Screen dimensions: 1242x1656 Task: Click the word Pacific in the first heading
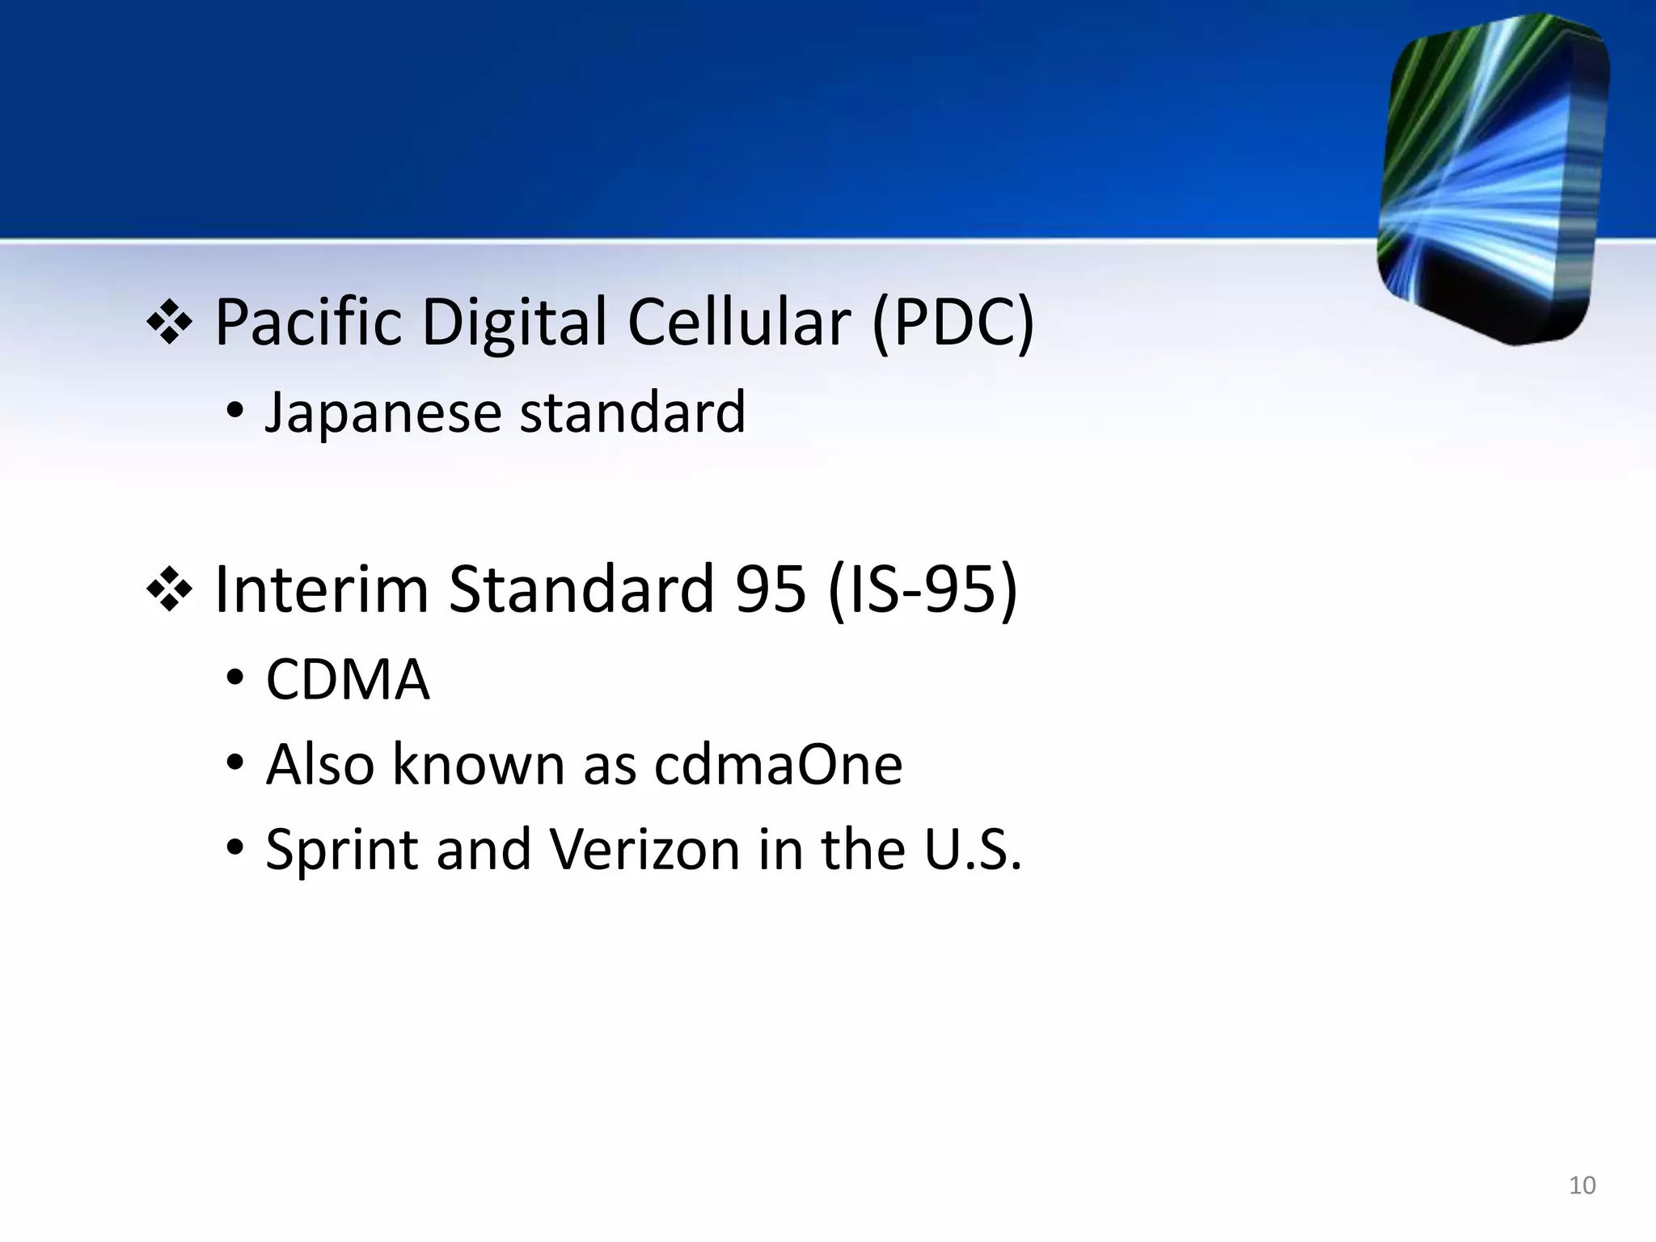pyautogui.click(x=308, y=323)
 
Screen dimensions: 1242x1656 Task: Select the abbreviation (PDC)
pyautogui.click(x=953, y=323)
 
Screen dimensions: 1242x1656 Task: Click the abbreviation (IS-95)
pyautogui.click(x=923, y=589)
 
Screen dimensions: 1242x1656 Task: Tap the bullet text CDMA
pyautogui.click(x=348, y=679)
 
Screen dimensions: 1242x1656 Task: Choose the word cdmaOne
pyautogui.click(x=778, y=764)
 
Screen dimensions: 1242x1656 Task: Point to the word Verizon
pyautogui.click(x=644, y=850)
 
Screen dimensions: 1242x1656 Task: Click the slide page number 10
pyautogui.click(x=1582, y=1185)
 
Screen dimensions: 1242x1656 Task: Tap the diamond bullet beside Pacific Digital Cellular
pyautogui.click(x=169, y=323)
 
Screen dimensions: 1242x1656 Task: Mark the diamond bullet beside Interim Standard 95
pyautogui.click(x=169, y=590)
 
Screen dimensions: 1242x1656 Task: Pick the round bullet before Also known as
pyautogui.click(x=234, y=763)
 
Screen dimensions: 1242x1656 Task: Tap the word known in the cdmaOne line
pyautogui.click(x=478, y=764)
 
